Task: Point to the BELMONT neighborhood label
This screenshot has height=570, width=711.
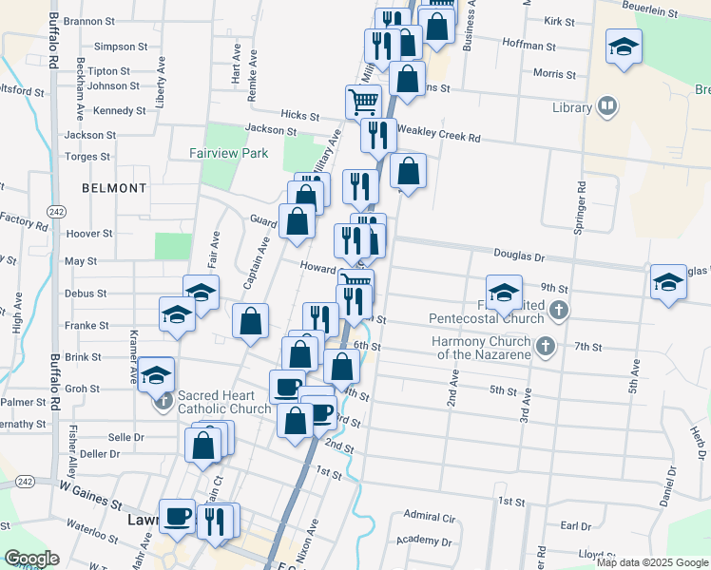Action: [114, 188]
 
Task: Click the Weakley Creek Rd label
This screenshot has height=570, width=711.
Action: [439, 137]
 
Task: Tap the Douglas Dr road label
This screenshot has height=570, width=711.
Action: [519, 256]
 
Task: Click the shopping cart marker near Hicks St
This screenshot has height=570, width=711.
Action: [363, 101]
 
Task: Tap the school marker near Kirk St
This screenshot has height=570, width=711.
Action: [624, 46]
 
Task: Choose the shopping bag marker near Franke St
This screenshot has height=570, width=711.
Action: [251, 321]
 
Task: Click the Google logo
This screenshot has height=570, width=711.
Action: [31, 559]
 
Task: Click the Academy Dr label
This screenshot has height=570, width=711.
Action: [425, 541]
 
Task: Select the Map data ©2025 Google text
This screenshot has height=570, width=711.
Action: [652, 562]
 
